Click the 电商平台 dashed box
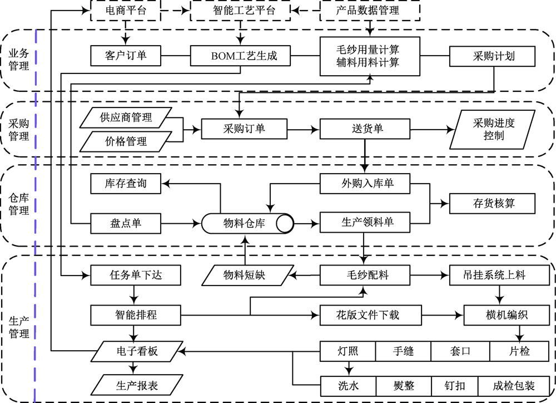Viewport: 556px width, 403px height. click(x=125, y=10)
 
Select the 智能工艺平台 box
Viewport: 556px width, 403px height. click(x=241, y=10)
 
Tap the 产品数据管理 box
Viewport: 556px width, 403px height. click(x=368, y=10)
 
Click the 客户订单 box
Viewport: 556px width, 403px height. click(x=125, y=56)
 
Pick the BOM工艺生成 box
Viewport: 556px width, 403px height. click(x=241, y=56)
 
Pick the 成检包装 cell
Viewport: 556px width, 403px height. click(x=522, y=385)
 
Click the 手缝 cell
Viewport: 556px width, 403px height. click(x=404, y=351)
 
